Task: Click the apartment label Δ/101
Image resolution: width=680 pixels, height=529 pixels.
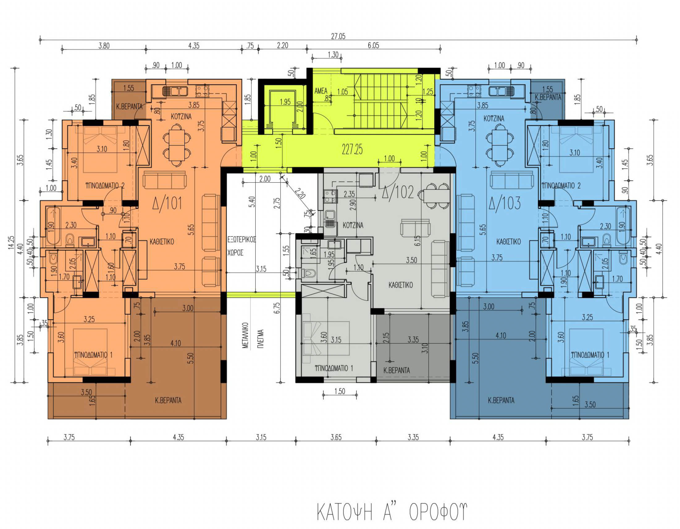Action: (167, 203)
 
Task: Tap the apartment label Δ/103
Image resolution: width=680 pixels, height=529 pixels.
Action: (505, 203)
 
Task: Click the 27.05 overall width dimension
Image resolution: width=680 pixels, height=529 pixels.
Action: (338, 36)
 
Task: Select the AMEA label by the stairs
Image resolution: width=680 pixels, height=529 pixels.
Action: (321, 91)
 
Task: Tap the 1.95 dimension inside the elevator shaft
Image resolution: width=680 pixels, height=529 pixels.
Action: (285, 102)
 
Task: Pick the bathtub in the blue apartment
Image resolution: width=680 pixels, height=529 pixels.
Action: (623, 226)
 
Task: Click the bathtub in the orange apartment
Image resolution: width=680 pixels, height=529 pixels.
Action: (53, 226)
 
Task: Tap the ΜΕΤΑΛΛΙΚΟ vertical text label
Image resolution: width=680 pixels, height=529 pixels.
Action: (246, 335)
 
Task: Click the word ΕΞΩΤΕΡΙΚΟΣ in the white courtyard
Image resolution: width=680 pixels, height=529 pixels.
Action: (241, 239)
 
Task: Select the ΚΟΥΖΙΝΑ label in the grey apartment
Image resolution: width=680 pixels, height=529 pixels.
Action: (353, 225)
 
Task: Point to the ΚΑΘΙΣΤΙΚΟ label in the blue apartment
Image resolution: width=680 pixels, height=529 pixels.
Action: (508, 241)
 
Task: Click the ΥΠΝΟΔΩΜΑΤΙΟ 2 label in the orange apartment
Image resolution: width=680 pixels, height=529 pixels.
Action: (105, 186)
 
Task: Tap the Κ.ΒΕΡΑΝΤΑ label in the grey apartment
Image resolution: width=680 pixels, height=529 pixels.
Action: (396, 370)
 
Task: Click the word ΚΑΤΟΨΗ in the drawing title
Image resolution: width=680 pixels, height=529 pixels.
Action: (345, 512)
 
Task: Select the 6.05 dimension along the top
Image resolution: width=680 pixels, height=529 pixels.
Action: (373, 45)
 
